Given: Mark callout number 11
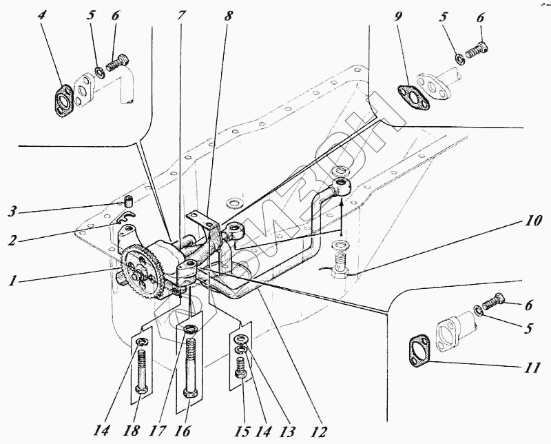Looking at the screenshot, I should coord(531,367).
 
